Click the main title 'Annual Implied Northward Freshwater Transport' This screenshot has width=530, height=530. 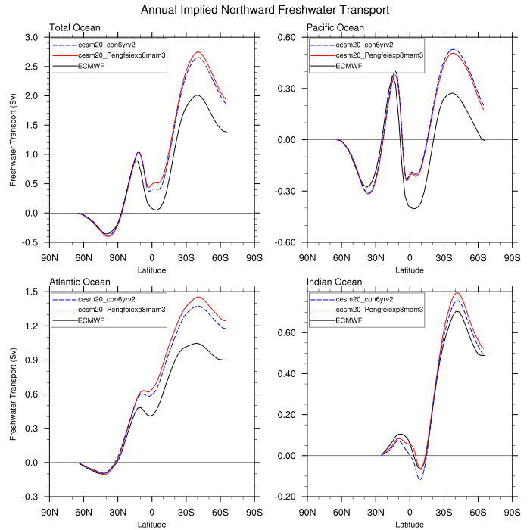[265, 11]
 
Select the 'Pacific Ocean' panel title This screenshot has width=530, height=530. [335, 28]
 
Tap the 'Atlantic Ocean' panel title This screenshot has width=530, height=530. [79, 282]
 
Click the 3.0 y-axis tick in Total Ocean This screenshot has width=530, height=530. [35, 37]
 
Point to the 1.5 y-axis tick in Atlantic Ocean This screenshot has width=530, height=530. [35, 291]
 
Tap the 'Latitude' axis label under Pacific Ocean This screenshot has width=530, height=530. [410, 270]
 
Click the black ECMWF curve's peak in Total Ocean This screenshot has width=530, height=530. [197, 95]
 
